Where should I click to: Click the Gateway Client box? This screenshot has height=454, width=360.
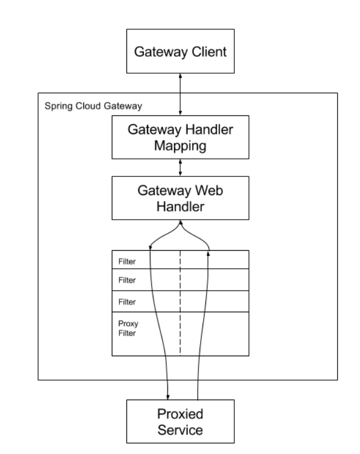[x=180, y=52]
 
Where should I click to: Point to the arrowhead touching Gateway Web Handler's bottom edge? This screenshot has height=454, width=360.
[x=180, y=221]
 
